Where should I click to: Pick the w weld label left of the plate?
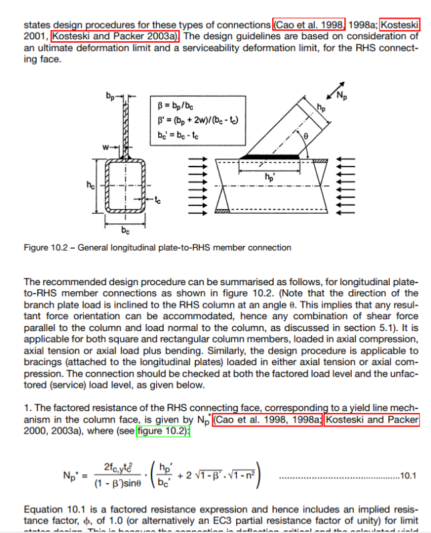point(106,145)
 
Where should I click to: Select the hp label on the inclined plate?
point(322,107)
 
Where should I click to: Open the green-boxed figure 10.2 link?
point(163,431)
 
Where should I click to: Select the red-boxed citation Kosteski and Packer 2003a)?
point(115,36)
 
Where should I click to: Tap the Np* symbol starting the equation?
point(71,476)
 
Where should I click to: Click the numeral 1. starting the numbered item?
point(27,408)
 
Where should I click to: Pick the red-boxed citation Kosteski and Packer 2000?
point(372,420)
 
